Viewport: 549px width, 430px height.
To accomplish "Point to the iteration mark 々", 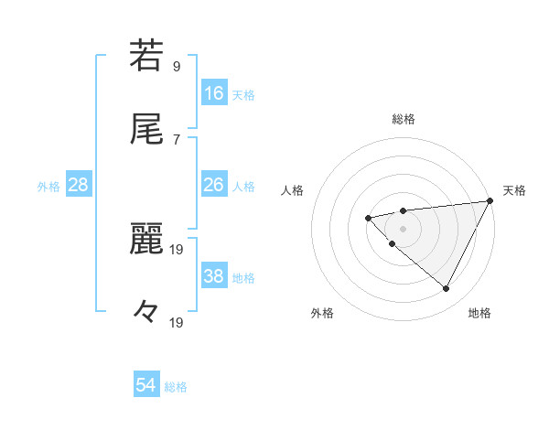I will (x=146, y=312).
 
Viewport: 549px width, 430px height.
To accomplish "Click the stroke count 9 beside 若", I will (x=176, y=66).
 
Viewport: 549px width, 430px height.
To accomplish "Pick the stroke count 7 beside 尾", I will (x=176, y=139).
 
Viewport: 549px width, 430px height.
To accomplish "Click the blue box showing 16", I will (x=214, y=92).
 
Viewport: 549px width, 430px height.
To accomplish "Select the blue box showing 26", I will (x=214, y=185).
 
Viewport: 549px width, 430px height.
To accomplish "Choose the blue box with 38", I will (x=214, y=276).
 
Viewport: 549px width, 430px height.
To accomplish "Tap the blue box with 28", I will (x=79, y=185).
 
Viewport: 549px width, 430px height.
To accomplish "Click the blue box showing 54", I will (x=146, y=386).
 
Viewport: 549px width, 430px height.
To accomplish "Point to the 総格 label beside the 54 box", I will (x=176, y=387).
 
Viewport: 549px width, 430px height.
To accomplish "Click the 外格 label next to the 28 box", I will (x=48, y=186).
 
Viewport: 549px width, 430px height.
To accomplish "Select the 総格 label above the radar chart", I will (x=404, y=119).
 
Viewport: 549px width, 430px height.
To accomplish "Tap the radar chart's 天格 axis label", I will (x=514, y=190).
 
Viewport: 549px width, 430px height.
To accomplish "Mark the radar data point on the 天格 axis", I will (x=491, y=201).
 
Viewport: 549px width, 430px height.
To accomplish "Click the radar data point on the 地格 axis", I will (x=447, y=289).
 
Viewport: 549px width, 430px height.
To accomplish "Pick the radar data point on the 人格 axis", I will (x=368, y=218).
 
